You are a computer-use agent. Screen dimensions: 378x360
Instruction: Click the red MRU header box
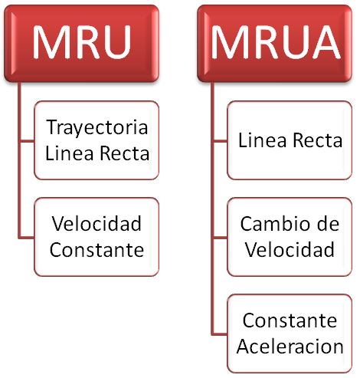point(81,43)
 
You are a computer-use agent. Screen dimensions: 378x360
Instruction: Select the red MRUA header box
point(277,43)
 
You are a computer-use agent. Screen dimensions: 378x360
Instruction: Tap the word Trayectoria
point(97,127)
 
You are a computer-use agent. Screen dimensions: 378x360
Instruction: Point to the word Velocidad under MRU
point(97,225)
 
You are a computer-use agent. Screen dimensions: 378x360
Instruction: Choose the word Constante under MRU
point(97,249)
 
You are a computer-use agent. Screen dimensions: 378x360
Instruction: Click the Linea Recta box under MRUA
point(290,141)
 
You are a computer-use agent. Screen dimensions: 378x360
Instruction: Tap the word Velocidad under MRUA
point(290,249)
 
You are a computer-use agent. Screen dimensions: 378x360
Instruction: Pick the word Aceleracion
point(290,345)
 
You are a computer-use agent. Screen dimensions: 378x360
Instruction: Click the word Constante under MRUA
point(290,320)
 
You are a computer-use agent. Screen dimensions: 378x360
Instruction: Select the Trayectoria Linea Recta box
point(97,140)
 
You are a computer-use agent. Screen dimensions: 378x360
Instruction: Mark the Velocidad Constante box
point(97,237)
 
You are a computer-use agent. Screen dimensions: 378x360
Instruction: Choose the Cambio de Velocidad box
point(290,237)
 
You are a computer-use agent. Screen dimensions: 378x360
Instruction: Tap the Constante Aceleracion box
point(290,333)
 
